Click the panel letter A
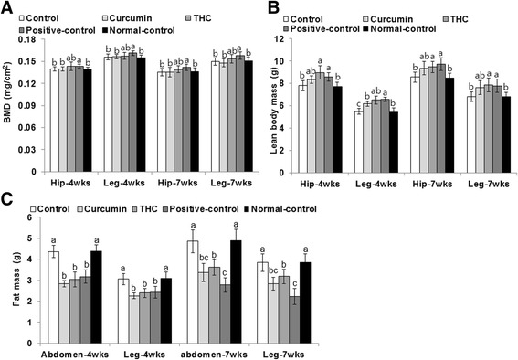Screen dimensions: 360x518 coord(7,8)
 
